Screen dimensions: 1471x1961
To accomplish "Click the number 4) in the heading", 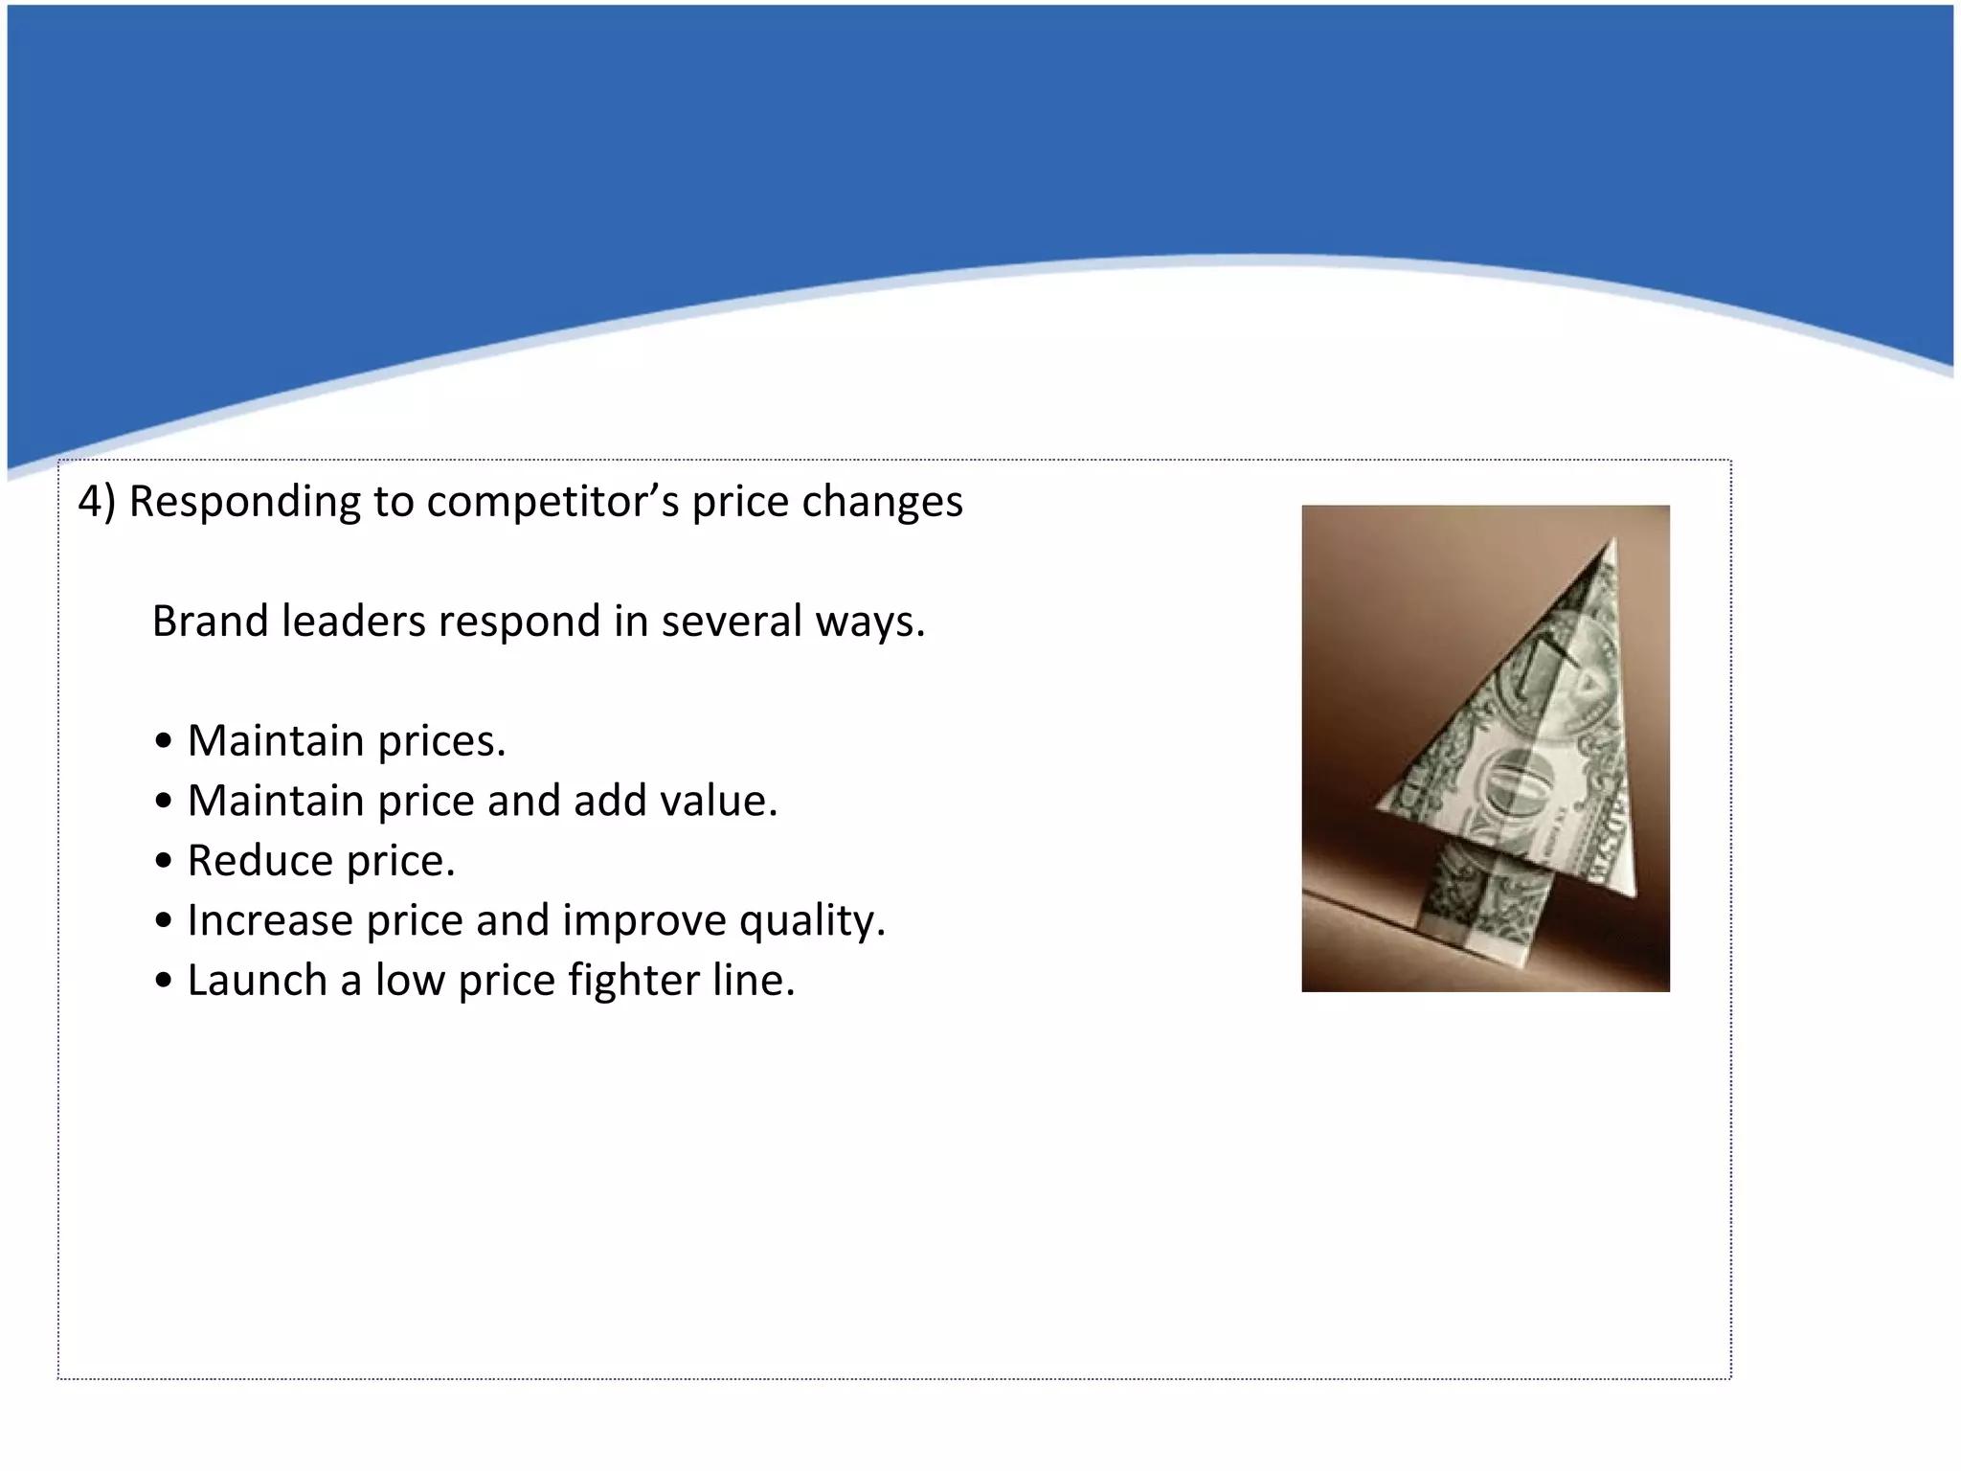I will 96,502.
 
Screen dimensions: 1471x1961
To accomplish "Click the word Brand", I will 210,622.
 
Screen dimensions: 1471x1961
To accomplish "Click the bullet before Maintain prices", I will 164,742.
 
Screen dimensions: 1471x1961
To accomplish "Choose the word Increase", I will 270,920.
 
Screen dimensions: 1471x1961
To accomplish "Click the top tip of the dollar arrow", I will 1612,540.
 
